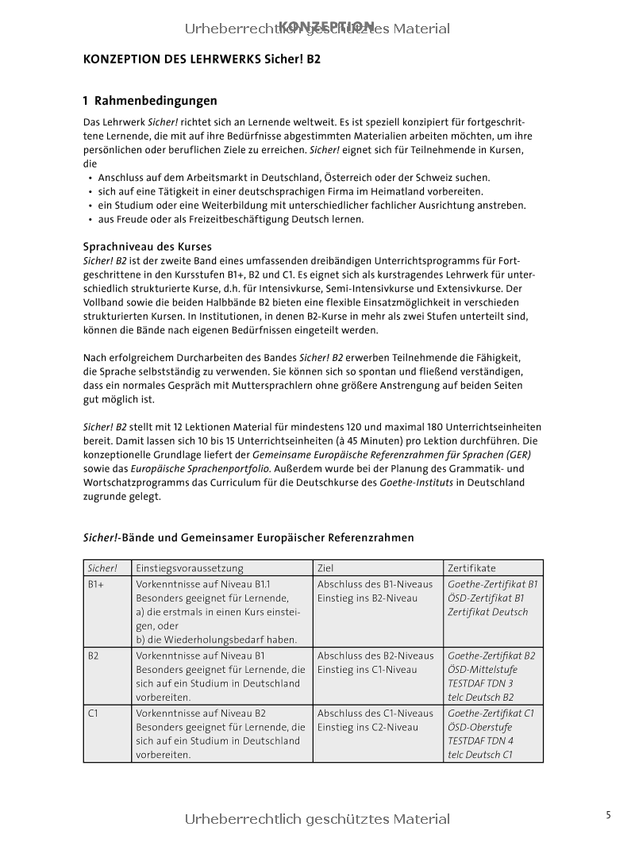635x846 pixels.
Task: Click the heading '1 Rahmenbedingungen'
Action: (x=150, y=101)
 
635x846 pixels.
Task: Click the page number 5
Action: (x=608, y=814)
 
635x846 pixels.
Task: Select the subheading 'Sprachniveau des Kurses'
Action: (x=148, y=247)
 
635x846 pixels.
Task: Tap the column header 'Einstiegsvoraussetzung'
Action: (x=190, y=568)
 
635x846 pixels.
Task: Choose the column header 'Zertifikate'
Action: (x=471, y=568)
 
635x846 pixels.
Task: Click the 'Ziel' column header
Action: (x=325, y=568)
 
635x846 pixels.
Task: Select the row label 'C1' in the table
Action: (x=93, y=713)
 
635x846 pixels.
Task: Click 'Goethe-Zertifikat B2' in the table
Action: (x=491, y=656)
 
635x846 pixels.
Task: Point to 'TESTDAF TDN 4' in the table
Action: (x=480, y=740)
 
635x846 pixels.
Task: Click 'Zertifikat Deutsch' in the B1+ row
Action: (x=487, y=612)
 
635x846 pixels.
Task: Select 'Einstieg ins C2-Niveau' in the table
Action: (x=368, y=727)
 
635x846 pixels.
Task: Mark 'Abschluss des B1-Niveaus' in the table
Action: (x=375, y=584)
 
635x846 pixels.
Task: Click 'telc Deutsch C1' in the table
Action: (x=480, y=755)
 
